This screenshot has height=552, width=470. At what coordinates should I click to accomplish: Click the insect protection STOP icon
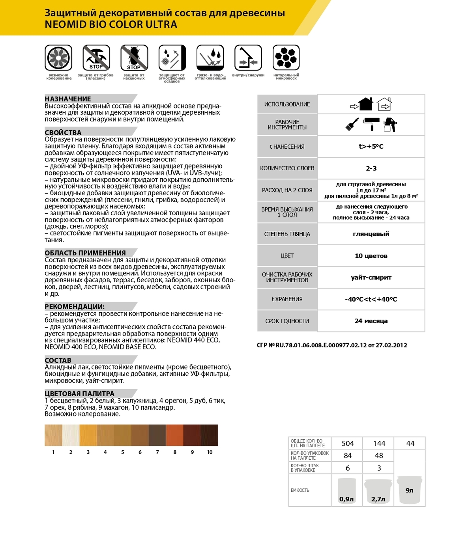click(134, 58)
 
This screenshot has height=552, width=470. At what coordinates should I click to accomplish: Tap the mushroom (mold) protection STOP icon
click(96, 58)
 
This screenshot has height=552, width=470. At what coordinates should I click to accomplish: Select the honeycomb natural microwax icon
click(286, 58)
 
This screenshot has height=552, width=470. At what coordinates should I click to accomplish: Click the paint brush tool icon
click(352, 124)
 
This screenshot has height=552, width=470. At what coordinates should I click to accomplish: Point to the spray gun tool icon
click(390, 125)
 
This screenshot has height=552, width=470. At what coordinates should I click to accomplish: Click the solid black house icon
click(365, 104)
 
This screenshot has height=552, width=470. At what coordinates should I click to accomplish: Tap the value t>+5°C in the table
click(371, 146)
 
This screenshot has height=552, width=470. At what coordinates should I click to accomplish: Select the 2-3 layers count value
click(371, 168)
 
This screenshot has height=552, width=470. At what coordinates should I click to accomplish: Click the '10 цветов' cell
click(371, 256)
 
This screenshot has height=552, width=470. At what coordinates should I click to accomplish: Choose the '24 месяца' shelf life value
click(371, 321)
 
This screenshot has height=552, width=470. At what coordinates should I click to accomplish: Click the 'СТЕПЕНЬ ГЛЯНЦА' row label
click(287, 234)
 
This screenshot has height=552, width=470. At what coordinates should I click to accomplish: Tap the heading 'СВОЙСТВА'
click(63, 132)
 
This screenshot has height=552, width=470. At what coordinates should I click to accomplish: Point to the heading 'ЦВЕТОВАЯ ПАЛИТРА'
click(79, 393)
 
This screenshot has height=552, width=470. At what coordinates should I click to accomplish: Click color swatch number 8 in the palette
click(175, 435)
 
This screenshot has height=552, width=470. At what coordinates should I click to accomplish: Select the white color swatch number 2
click(71, 435)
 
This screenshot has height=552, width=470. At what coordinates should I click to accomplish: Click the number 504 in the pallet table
click(348, 444)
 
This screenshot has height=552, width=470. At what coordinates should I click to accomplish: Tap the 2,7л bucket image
click(378, 491)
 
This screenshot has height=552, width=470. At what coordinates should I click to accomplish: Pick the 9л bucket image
click(410, 490)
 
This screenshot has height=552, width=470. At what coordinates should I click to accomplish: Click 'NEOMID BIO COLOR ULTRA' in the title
click(111, 24)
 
